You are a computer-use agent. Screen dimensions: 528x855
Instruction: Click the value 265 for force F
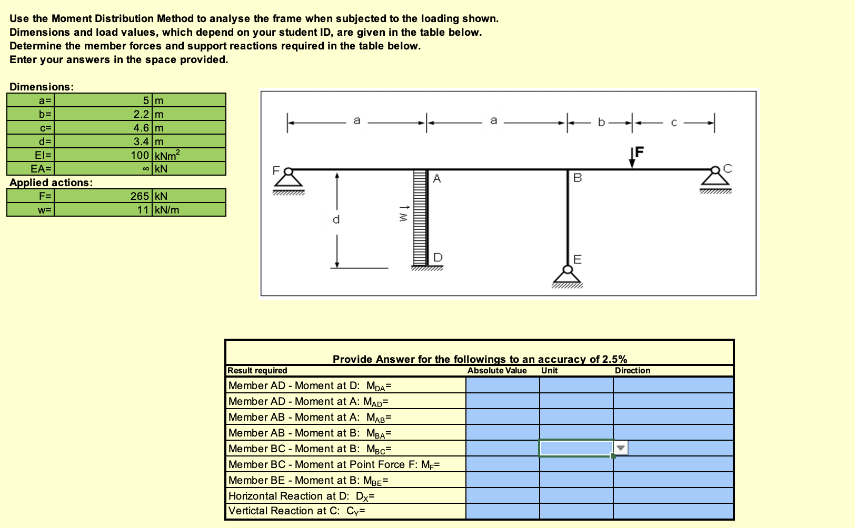point(140,196)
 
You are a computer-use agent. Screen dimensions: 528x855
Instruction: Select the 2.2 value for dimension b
point(141,114)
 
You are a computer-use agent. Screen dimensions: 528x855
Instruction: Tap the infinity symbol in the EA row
point(146,169)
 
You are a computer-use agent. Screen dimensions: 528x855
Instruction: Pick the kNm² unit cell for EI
point(166,155)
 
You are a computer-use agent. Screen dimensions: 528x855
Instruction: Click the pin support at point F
point(288,179)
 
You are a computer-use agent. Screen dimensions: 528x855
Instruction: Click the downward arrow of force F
point(632,158)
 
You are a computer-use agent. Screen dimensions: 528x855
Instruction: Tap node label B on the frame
point(578,178)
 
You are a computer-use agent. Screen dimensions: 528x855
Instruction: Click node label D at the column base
point(438,257)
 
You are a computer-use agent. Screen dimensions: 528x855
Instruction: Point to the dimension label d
point(336,219)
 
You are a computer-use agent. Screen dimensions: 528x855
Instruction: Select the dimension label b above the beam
point(601,123)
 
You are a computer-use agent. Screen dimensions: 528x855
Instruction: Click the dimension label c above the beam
point(673,123)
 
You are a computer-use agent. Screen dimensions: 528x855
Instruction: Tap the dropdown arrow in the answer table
point(621,448)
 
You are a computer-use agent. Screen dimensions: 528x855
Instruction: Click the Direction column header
point(632,371)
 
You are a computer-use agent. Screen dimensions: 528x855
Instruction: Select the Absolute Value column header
point(496,371)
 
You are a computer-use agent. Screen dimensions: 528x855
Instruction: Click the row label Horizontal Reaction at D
point(301,496)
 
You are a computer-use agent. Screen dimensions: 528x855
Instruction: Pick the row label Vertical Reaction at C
point(297,511)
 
